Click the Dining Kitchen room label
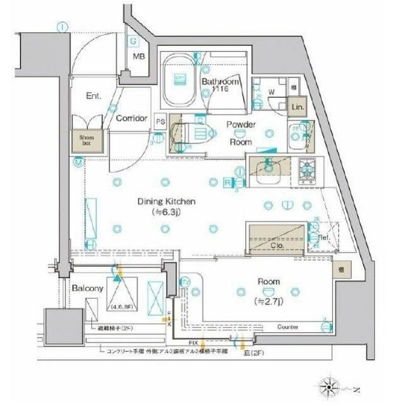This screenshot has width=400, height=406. point(167,202)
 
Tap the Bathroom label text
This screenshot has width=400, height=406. point(221,82)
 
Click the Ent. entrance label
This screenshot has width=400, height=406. point(94,96)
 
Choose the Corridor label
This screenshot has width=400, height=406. point(132,118)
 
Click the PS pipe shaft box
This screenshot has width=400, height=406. point(160,121)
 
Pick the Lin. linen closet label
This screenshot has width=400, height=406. point(298,108)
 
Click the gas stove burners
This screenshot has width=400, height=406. point(308,169)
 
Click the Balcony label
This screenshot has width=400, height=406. point(87,287)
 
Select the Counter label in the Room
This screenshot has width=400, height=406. point(288,327)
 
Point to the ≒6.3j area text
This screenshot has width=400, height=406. point(167,213)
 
